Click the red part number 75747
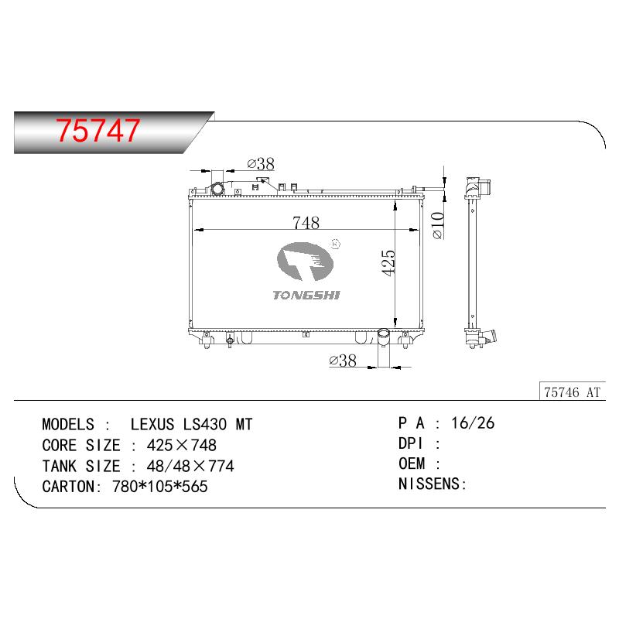tap(98, 130)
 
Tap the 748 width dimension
tap(306, 223)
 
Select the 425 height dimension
tap(388, 262)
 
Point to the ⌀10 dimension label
tap(438, 225)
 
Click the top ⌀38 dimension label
tap(261, 164)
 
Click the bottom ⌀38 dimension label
tap(343, 361)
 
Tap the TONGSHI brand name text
tap(306, 295)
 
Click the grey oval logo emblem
tap(305, 262)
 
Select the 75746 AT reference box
tap(573, 392)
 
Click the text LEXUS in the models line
tap(152, 424)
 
